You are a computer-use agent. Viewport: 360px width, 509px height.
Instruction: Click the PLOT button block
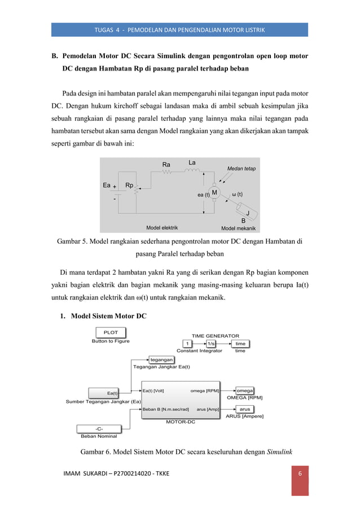[111, 332]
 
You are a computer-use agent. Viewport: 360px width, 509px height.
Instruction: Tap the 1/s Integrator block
[210, 344]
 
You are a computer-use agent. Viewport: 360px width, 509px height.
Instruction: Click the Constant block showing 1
[187, 344]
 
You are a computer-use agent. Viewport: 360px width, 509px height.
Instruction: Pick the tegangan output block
[161, 359]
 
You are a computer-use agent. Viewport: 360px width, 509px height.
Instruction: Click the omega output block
[244, 390]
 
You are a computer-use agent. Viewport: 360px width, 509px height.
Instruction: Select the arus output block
[244, 409]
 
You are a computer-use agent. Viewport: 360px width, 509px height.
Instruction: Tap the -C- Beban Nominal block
[99, 428]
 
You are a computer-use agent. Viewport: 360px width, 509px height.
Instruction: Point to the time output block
[240, 344]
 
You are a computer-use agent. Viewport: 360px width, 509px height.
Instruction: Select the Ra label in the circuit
[166, 165]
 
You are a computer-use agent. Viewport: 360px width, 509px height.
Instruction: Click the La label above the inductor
[192, 163]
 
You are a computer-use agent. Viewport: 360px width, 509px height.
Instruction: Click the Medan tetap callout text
[241, 168]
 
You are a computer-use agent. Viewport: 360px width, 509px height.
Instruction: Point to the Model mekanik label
[238, 228]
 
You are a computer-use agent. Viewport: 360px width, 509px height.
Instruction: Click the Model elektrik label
[162, 228]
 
